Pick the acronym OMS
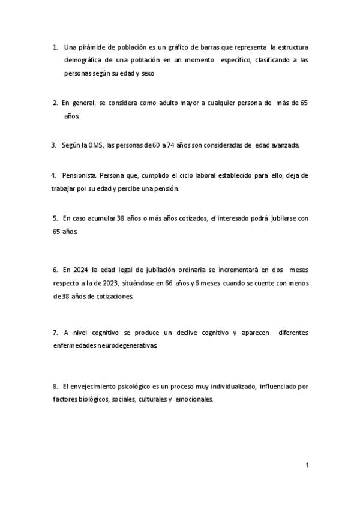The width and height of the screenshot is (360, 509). (x=95, y=145)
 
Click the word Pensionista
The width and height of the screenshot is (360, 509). (x=80, y=175)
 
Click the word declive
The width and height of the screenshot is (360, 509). (x=186, y=332)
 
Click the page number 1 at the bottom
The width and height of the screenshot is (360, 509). (x=307, y=465)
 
